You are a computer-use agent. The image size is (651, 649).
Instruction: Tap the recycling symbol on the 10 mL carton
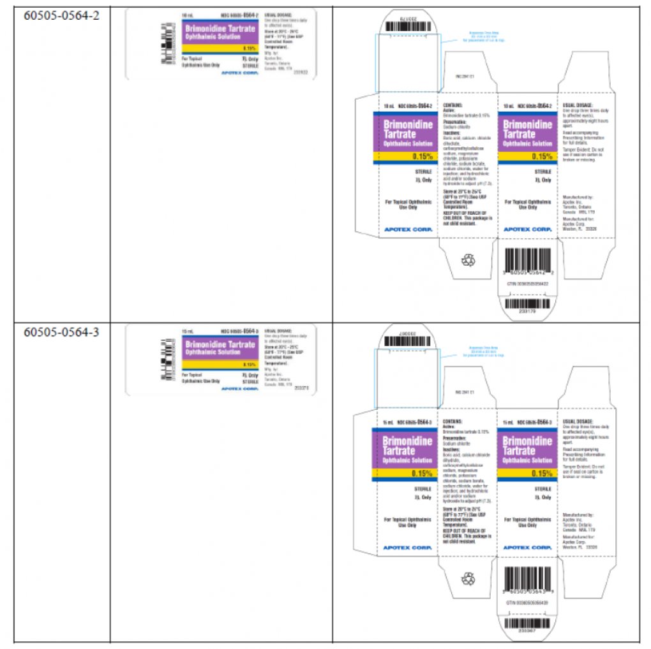[469, 259]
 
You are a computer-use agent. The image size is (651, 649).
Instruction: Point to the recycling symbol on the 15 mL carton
[469, 578]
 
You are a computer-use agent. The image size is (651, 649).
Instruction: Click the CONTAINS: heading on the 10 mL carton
[453, 103]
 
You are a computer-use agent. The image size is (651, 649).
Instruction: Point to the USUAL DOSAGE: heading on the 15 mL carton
[578, 421]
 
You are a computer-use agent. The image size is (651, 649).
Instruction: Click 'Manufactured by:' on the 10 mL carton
[578, 197]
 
